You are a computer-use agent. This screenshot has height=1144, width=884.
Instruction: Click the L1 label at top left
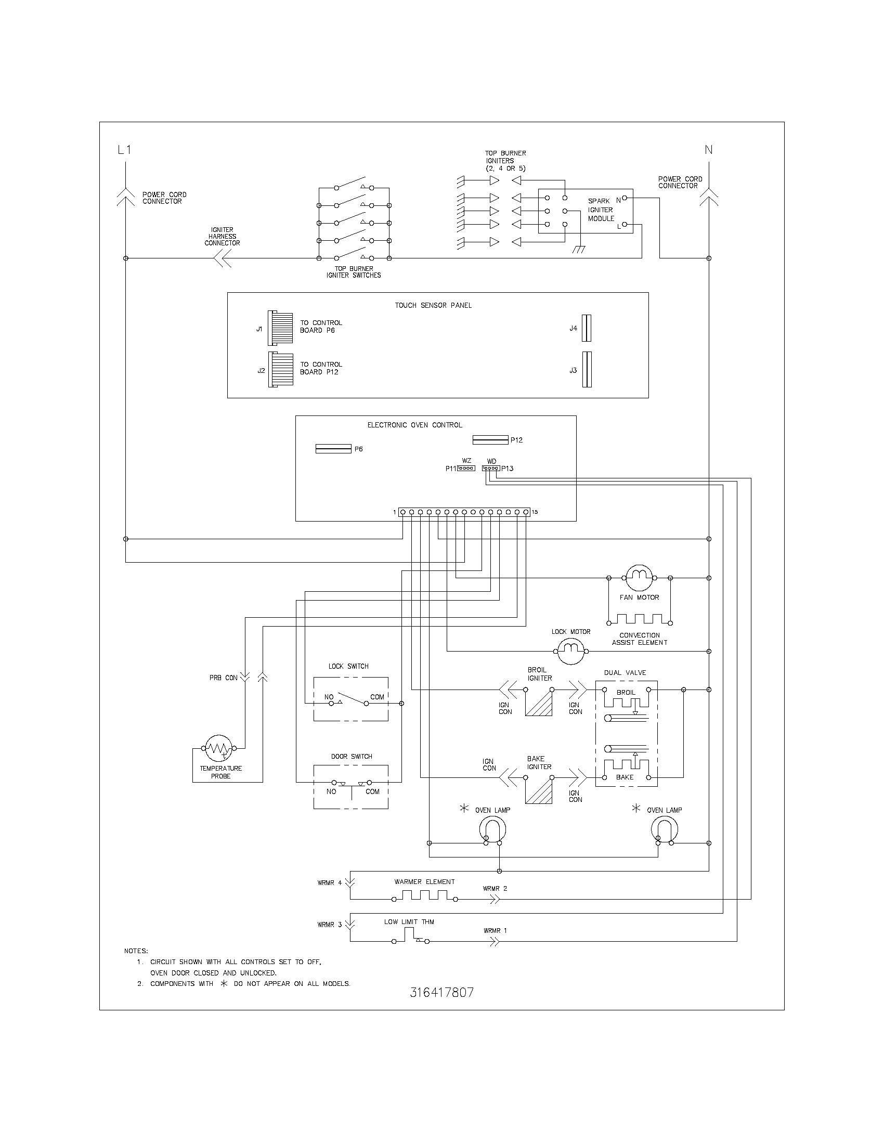click(x=124, y=150)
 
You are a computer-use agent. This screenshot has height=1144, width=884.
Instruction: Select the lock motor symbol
click(x=570, y=652)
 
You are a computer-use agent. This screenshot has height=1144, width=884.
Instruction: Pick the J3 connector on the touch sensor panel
click(x=587, y=369)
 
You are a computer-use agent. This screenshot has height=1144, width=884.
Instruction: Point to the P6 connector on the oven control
click(x=333, y=449)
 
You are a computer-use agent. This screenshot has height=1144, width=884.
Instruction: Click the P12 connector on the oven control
click(x=490, y=439)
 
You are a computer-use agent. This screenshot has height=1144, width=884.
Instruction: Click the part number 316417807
click(x=441, y=992)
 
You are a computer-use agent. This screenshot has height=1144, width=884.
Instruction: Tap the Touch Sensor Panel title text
click(x=433, y=305)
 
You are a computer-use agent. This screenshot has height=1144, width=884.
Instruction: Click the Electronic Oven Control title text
click(x=415, y=425)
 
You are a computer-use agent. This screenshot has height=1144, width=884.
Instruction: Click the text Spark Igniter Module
click(x=601, y=210)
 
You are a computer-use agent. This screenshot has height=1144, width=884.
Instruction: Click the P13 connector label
click(x=507, y=469)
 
